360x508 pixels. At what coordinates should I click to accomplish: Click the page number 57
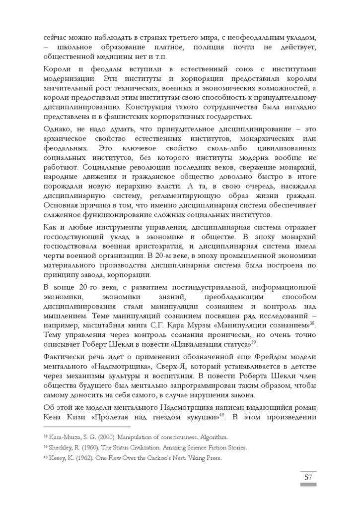pyautogui.click(x=308, y=477)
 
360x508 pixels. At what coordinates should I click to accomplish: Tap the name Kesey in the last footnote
pyautogui.click(x=56, y=458)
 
